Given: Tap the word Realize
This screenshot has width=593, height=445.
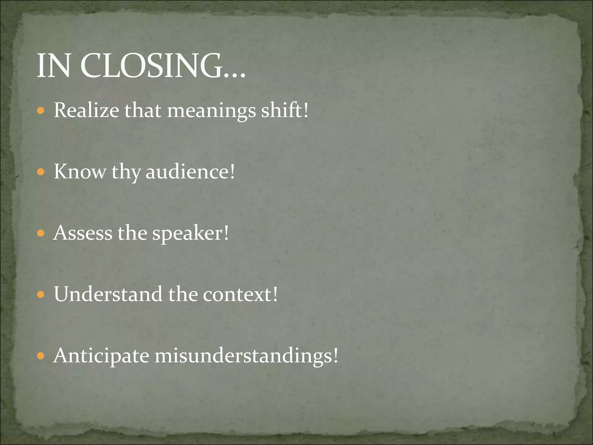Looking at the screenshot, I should click(86, 110).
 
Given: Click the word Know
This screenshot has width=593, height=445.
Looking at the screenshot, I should click(80, 172).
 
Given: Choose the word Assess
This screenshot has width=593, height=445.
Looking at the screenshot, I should click(83, 233).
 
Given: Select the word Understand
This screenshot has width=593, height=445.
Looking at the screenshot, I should click(108, 294).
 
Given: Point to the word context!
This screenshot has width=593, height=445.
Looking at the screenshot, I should click(240, 294).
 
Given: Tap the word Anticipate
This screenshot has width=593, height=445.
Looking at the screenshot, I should click(101, 356).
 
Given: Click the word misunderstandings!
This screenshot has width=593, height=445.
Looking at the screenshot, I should click(246, 356).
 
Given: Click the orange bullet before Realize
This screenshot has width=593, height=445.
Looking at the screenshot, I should click(41, 111).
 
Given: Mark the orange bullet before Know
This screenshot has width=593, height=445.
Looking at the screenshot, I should click(41, 172).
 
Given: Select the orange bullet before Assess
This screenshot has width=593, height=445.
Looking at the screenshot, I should click(41, 233).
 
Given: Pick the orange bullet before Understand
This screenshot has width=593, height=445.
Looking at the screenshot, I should click(41, 295).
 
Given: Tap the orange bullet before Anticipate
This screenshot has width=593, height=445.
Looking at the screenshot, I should click(41, 356).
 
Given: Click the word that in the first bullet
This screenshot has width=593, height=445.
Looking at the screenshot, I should click(143, 110).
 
